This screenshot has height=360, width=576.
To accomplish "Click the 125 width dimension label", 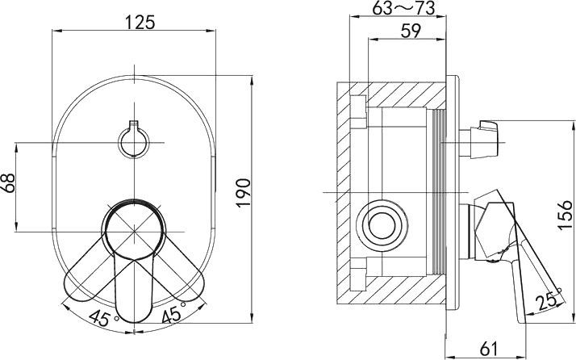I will [135, 23].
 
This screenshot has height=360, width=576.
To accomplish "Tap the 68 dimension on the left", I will [10, 185].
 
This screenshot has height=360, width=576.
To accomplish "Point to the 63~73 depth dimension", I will [401, 8].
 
